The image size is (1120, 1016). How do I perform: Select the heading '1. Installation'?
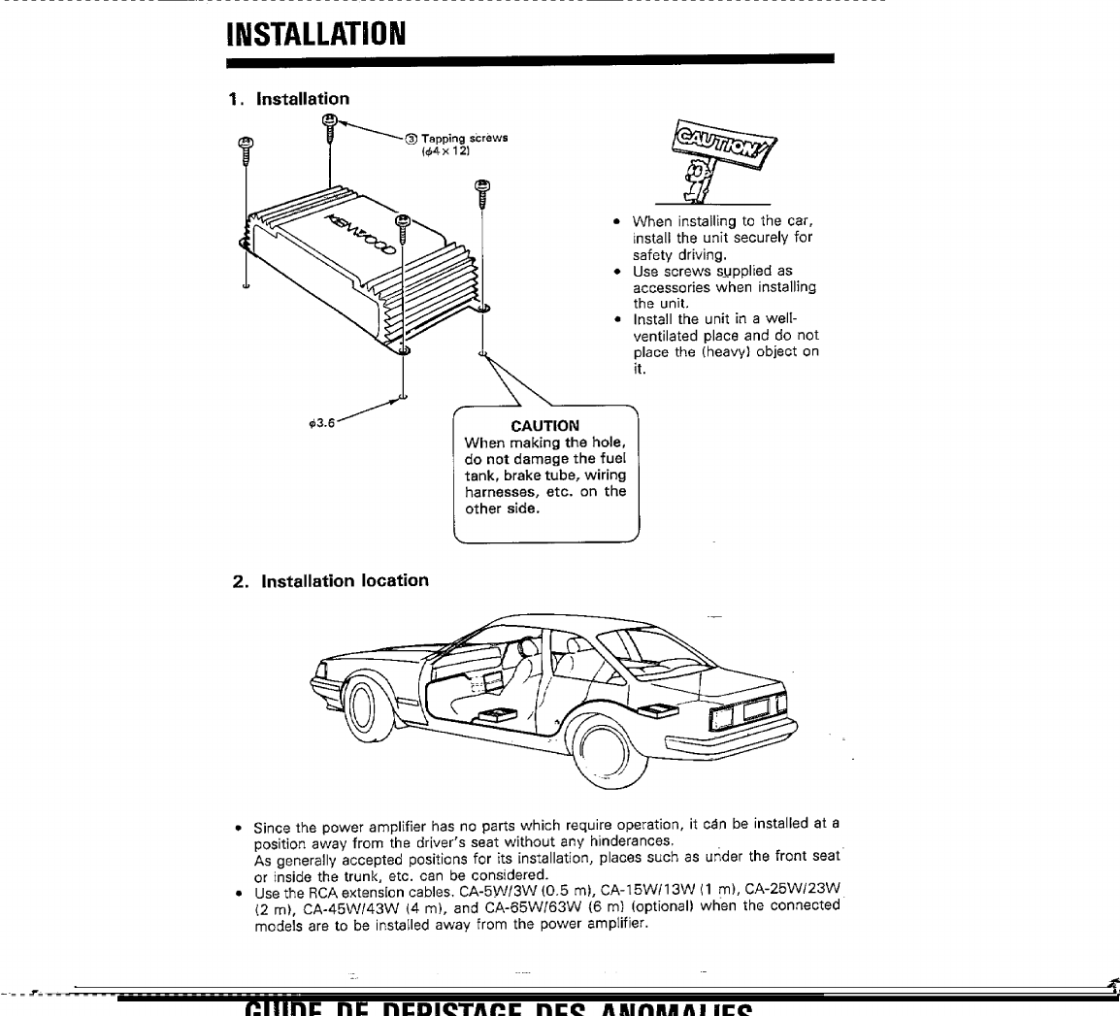point(288,98)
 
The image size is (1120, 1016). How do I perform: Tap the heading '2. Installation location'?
point(331,580)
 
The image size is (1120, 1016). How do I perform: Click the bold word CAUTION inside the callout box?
point(544,425)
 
